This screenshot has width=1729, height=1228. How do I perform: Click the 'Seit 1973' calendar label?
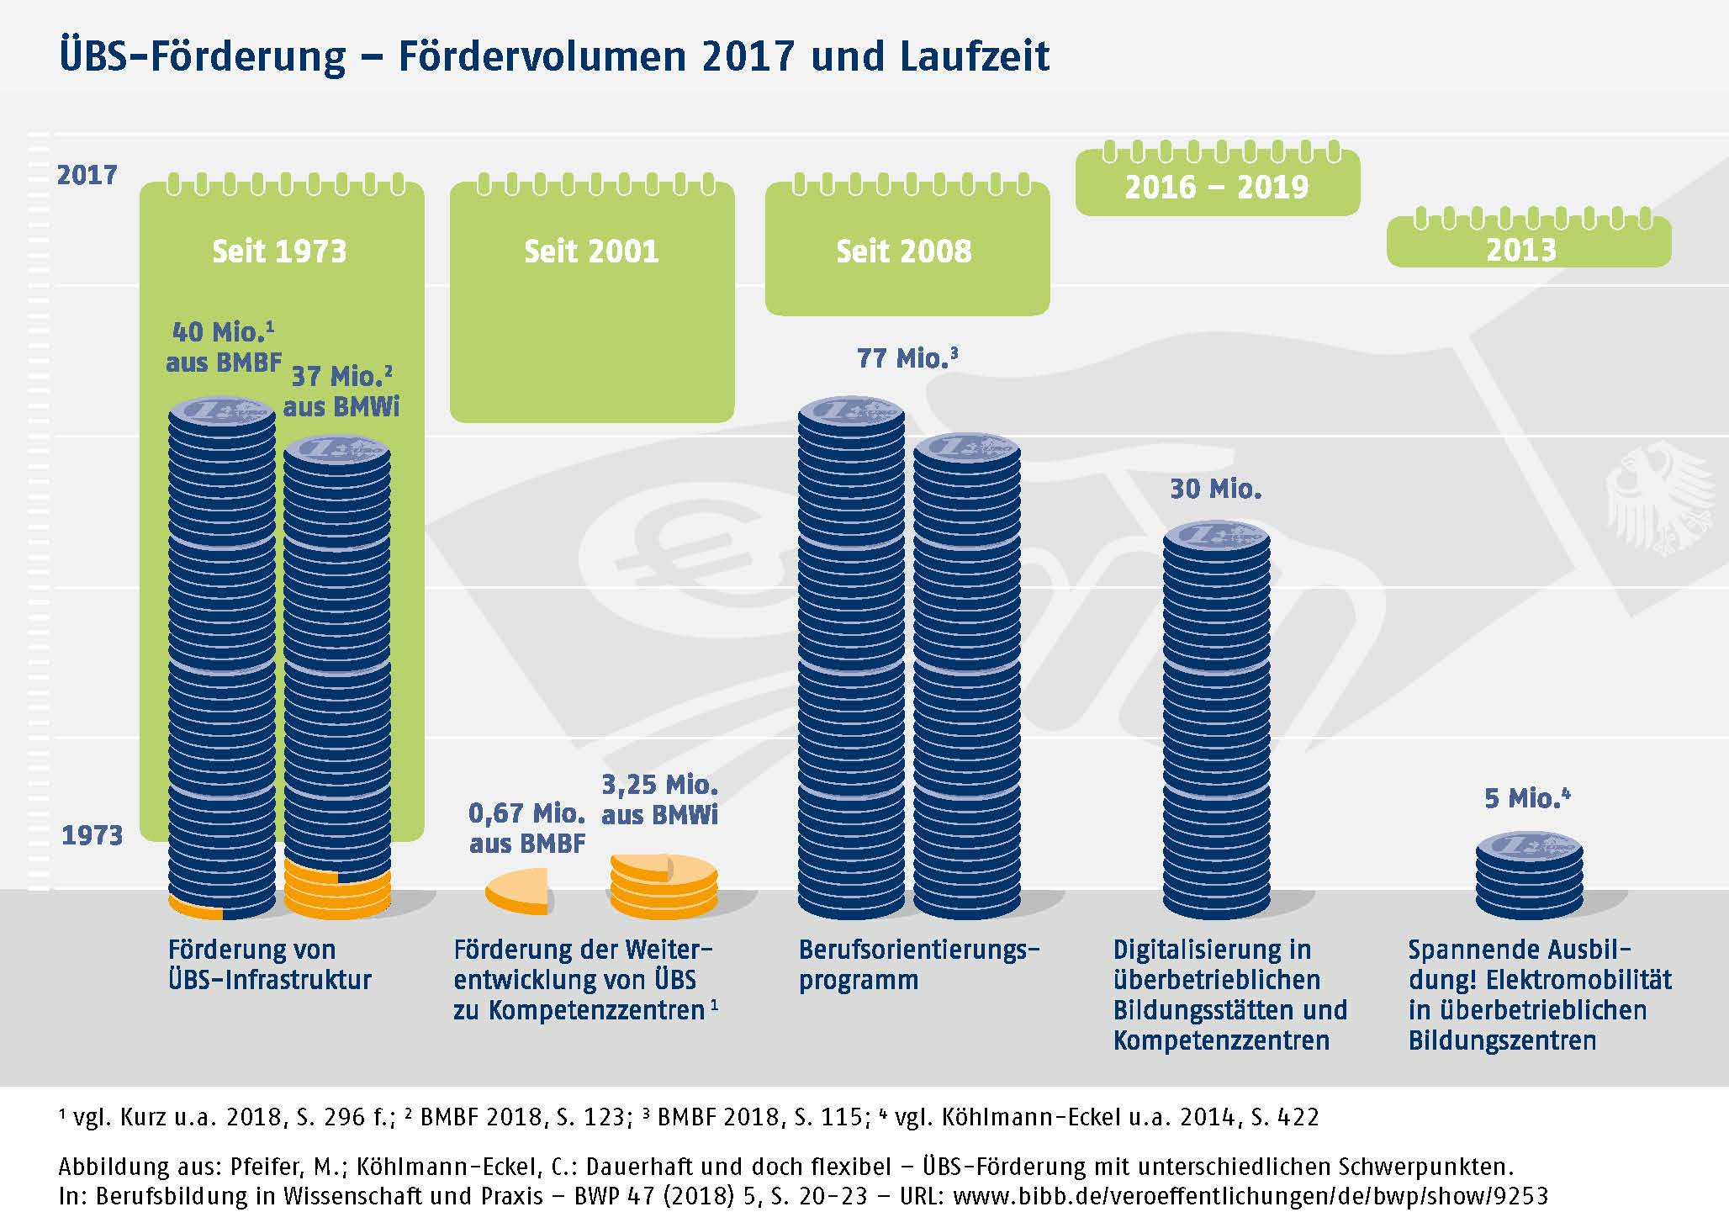pyautogui.click(x=279, y=251)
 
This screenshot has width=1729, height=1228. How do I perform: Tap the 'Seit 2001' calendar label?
pyautogui.click(x=591, y=251)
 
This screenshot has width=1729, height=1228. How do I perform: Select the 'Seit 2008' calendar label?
pyautogui.click(x=904, y=251)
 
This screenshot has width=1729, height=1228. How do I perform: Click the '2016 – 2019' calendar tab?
pyautogui.click(x=1217, y=187)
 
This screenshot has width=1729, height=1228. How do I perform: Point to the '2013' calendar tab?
pyautogui.click(x=1521, y=250)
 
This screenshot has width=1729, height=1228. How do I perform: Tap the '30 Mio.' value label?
pyautogui.click(x=1216, y=489)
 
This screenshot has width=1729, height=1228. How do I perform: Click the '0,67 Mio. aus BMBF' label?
pyautogui.click(x=527, y=828)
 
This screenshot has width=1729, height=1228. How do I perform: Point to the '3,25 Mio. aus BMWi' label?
pyautogui.click(x=660, y=799)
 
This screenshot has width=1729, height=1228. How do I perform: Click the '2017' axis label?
pyautogui.click(x=87, y=175)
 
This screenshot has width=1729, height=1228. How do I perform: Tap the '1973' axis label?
pyautogui.click(x=92, y=835)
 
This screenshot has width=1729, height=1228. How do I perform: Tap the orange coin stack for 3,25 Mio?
pyautogui.click(x=664, y=887)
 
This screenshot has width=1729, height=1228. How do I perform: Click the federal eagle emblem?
pyautogui.click(x=1661, y=497)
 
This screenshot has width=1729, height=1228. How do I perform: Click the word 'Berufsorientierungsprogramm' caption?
pyautogui.click(x=919, y=964)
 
